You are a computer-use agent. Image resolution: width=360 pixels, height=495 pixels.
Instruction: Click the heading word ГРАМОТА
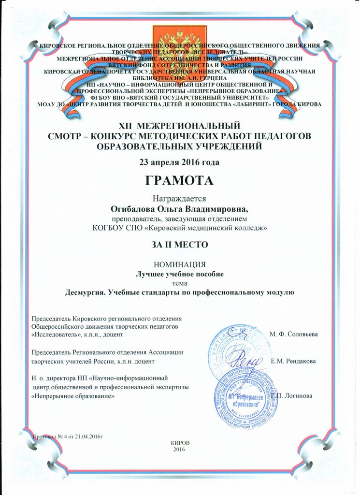[179, 181]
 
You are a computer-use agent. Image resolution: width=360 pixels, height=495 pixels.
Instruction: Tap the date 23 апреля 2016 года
[179, 162]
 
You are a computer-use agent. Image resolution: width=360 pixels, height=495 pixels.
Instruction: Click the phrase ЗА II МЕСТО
[179, 245]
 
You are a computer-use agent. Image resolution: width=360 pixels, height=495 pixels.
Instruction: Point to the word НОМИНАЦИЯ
[179, 264]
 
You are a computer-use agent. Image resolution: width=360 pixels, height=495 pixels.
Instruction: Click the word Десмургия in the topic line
[86, 292]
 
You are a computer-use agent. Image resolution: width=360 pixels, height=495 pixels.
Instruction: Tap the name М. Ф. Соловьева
[293, 334]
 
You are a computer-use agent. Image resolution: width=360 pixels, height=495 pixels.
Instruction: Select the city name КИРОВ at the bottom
[180, 443]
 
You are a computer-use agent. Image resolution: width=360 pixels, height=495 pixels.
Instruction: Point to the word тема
[179, 283]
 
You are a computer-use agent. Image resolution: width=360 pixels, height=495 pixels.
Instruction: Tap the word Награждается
[179, 199]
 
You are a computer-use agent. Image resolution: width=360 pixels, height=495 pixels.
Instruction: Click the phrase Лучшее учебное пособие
[179, 274]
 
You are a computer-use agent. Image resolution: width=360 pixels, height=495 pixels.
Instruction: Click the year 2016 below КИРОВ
[179, 450]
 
